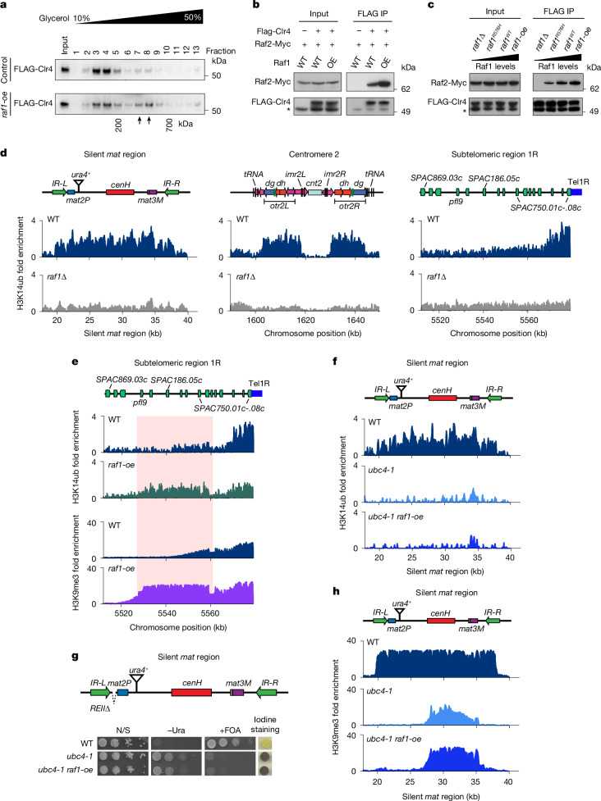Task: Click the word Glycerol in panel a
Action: pos(54,18)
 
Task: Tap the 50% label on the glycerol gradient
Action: pos(193,17)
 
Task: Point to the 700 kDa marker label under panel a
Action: pos(169,124)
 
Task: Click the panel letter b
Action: pos(256,5)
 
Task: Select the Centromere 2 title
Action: pos(314,154)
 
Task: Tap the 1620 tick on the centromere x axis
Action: pos(306,321)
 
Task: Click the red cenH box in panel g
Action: pos(191,693)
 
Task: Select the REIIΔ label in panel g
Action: pos(100,708)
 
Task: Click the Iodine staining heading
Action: pos(265,725)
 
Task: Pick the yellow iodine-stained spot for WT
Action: pos(265,744)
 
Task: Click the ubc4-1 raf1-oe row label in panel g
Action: pos(66,769)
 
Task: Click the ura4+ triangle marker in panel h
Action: pos(401,612)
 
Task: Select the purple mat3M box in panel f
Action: pos(475,398)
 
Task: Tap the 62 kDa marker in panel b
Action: pos(406,89)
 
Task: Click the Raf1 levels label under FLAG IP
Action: pos(557,66)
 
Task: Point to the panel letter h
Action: pos(336,592)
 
